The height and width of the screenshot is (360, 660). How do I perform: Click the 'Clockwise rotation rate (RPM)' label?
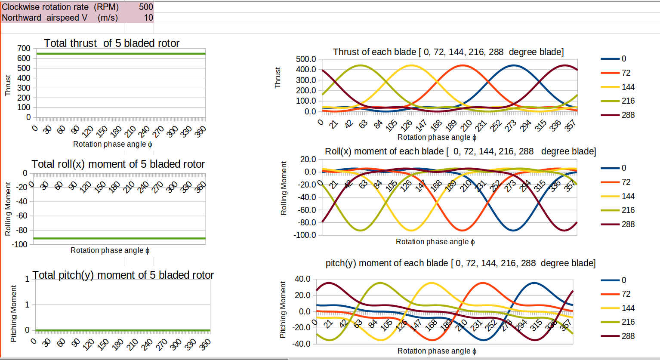pos(60,7)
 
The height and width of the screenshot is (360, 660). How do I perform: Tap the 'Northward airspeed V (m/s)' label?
pos(60,18)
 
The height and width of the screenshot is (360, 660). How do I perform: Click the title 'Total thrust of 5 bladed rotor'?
pos(111,43)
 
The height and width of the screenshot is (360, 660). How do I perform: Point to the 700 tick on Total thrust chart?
pos(24,49)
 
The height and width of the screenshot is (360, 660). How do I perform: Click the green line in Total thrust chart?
pos(120,54)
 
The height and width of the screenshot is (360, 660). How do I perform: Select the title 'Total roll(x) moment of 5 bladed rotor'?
pos(118,164)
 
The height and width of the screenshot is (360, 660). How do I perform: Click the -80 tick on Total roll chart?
pos(22,230)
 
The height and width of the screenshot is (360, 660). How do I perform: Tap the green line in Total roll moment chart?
pos(120,238)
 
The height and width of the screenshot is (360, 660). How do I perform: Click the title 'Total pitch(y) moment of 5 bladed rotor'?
pos(123,275)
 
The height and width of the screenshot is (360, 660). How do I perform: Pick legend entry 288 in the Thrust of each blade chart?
pos(628,115)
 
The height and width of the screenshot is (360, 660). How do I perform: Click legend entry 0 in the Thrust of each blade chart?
pos(623,58)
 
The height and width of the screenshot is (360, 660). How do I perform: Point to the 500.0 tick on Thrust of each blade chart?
pos(306,59)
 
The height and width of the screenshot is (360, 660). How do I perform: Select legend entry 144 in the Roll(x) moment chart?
pos(628,196)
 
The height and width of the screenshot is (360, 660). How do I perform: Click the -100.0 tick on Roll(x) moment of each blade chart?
pos(305,235)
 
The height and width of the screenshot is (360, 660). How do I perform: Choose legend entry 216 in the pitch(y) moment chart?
pos(628,322)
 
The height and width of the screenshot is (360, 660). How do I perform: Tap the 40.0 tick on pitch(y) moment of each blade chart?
pos(302,279)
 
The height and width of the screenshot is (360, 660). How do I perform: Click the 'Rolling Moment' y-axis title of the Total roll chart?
pos(8,209)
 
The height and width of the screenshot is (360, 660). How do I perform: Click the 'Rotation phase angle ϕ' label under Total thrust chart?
pos(112,144)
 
